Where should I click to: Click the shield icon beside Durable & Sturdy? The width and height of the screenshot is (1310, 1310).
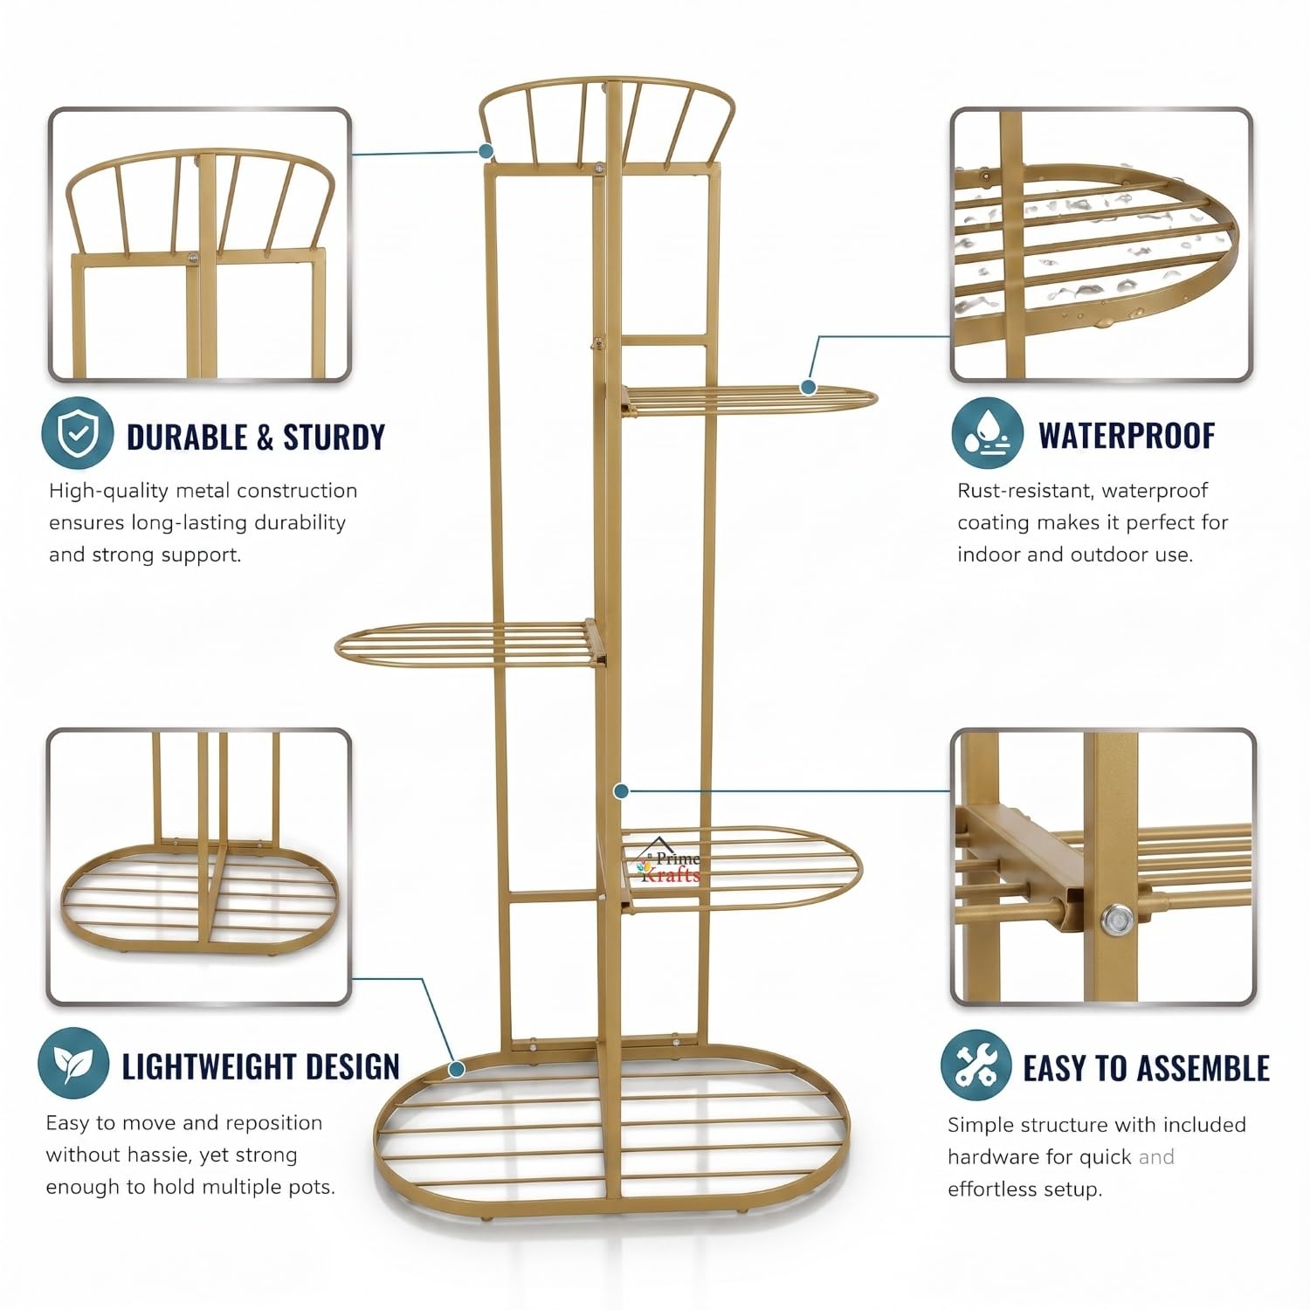[x=78, y=433]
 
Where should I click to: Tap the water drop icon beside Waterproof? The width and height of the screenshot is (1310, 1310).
[x=988, y=433]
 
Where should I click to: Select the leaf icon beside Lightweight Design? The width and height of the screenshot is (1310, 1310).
[x=73, y=1063]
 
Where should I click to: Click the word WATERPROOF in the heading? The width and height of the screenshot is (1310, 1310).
[x=1127, y=435]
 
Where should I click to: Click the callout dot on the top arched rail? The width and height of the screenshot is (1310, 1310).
[x=486, y=151]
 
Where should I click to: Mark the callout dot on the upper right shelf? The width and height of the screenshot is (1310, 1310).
[x=808, y=386]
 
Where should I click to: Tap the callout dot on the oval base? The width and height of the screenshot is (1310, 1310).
[x=456, y=1068]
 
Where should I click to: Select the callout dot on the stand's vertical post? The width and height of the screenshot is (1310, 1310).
[x=621, y=791]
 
